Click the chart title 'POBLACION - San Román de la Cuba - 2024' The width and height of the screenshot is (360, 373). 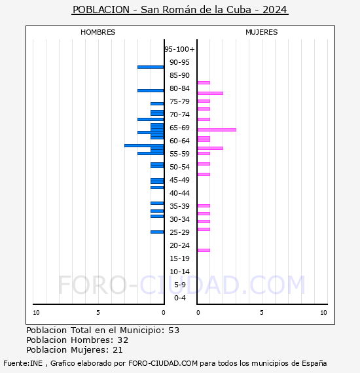click(180, 10)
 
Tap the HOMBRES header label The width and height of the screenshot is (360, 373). click(98, 32)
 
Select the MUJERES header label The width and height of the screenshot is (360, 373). click(261, 32)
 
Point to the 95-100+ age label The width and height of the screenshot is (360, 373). click(179, 49)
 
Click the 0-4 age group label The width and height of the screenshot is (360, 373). click(179, 298)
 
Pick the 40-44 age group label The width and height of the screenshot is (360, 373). click(179, 193)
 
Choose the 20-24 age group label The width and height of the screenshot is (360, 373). click(179, 245)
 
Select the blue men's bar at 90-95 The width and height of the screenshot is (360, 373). click(151, 67)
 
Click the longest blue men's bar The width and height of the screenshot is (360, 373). click(144, 145)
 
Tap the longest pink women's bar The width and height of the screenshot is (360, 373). click(217, 130)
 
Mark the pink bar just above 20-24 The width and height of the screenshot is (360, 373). click(204, 250)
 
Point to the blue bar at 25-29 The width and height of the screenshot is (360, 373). click(157, 232)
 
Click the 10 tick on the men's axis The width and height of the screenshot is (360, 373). click(36, 313)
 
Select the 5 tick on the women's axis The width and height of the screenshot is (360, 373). click(261, 313)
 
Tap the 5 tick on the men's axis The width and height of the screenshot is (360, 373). click(98, 313)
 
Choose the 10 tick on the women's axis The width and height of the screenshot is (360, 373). click(323, 313)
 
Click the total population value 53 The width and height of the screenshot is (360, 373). click(173, 330)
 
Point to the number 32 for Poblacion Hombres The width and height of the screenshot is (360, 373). click(122, 340)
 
